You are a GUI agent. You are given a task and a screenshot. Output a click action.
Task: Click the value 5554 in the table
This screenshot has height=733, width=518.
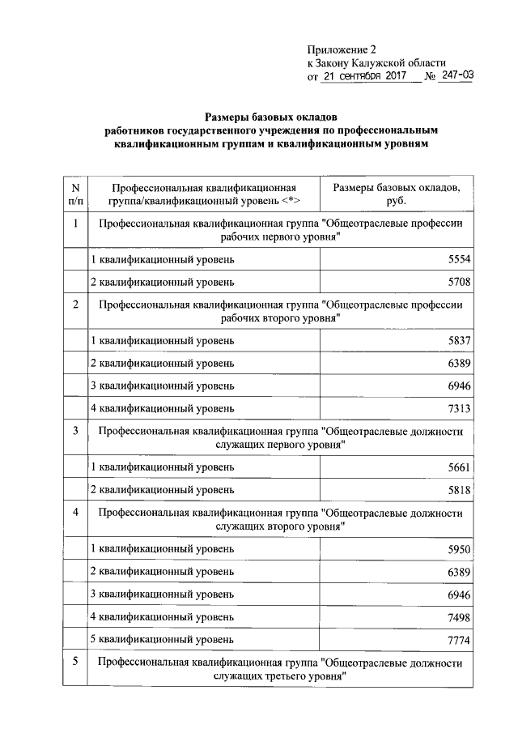pyautogui.click(x=457, y=259)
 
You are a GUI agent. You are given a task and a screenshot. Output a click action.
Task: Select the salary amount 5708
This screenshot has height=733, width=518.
pyautogui.click(x=457, y=283)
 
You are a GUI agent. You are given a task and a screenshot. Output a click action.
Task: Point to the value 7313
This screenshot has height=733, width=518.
pyautogui.click(x=457, y=408)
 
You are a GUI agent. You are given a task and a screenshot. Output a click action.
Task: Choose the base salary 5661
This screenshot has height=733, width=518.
pyautogui.click(x=457, y=467)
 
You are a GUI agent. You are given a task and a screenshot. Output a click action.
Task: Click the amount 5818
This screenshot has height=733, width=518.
pyautogui.click(x=457, y=490)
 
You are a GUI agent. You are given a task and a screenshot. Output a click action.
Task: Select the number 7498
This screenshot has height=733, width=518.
pyautogui.click(x=457, y=617)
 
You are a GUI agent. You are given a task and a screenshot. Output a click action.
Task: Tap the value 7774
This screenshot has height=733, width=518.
pyautogui.click(x=457, y=640)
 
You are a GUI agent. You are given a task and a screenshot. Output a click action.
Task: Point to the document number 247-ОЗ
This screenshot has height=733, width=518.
pyautogui.click(x=457, y=77)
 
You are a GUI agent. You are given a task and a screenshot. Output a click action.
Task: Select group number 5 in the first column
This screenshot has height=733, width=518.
pyautogui.click(x=74, y=663)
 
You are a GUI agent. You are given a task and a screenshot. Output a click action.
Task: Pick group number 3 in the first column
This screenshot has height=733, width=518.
pyautogui.click(x=74, y=431)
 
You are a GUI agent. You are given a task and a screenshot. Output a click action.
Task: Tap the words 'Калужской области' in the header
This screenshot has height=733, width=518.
pyautogui.click(x=400, y=62)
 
